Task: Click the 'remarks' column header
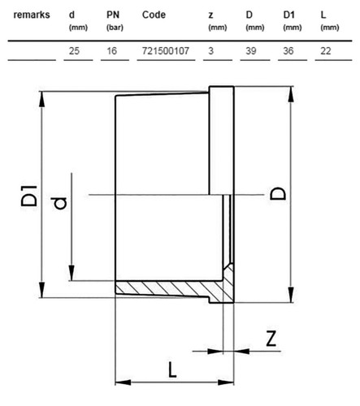tap(32, 15)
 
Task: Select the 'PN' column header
tap(113, 15)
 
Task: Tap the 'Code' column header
tap(154, 15)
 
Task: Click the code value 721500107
tap(166, 51)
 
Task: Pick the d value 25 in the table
tap(74, 51)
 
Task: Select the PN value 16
tap(111, 51)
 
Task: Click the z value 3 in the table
tap(211, 51)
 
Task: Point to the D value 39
tap(251, 51)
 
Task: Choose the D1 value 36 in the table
tap(288, 51)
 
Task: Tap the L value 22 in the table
tap(326, 51)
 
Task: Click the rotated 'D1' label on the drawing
tap(28, 196)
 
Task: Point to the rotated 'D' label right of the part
tap(278, 193)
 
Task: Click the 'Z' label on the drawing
tap(271, 338)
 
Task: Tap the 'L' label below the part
tap(172, 369)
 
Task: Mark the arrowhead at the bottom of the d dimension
tap(72, 273)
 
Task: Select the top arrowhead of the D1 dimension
tap(41, 99)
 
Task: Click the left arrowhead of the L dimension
tap(123, 382)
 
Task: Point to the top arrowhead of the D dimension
tap(291, 94)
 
